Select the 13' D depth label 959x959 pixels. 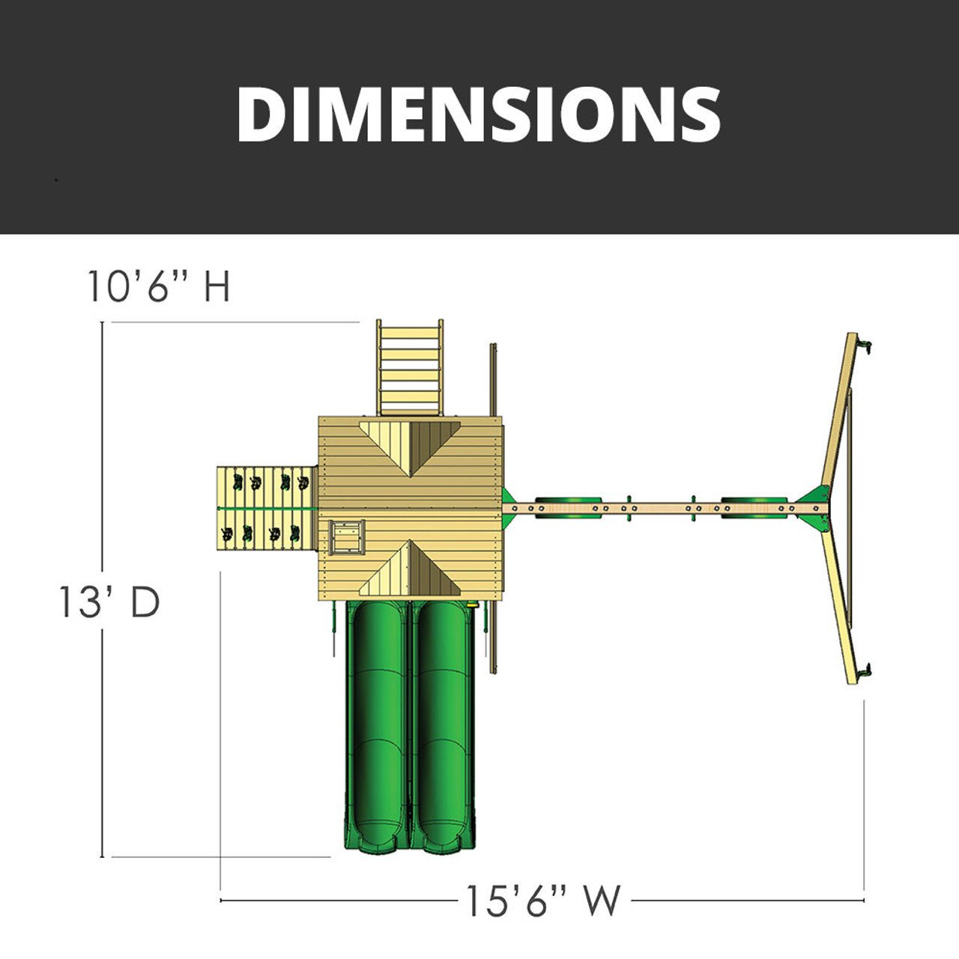[x=109, y=602]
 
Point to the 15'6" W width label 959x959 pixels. [x=543, y=900]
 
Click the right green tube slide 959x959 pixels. [x=444, y=727]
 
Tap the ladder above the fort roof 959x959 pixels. [x=410, y=367]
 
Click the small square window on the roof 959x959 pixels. [x=345, y=537]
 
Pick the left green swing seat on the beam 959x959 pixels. [x=567, y=507]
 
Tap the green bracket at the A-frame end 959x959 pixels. [x=814, y=500]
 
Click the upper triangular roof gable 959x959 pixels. [x=410, y=446]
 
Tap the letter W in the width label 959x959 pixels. [x=602, y=900]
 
